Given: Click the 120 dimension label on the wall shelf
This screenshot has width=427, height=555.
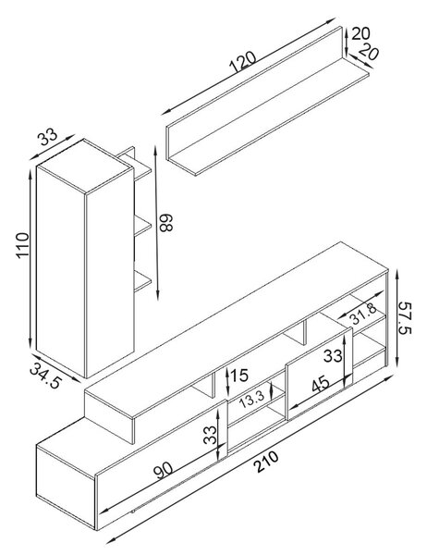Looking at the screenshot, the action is click(x=243, y=62).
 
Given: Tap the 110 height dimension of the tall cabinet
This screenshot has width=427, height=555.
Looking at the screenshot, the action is click(x=22, y=245).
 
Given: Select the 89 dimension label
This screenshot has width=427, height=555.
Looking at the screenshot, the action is click(x=165, y=223).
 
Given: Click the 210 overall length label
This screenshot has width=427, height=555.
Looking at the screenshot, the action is click(x=267, y=462).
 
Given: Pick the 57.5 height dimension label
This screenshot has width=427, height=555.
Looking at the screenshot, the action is click(x=405, y=318).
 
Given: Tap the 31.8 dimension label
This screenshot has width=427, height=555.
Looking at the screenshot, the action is click(x=363, y=314).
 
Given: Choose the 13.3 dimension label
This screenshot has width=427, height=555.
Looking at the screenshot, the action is click(x=252, y=400).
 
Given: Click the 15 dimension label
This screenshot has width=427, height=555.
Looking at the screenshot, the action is click(x=240, y=376).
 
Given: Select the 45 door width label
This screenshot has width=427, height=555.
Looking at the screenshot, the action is click(x=321, y=384).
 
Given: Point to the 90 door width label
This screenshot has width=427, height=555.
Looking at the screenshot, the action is click(x=163, y=470).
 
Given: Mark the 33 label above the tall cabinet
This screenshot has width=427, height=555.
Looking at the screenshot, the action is click(x=48, y=137).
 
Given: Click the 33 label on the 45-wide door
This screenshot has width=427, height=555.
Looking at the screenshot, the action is click(x=333, y=356).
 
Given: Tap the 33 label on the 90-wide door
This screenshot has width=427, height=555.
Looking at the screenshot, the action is click(x=210, y=435).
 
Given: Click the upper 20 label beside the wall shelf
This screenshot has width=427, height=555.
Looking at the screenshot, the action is click(x=360, y=33).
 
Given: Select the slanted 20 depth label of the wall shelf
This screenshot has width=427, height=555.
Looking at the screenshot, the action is click(x=369, y=52).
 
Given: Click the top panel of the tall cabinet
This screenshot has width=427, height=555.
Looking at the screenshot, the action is click(x=85, y=166).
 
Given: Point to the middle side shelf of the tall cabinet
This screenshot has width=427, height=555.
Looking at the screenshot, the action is click(x=142, y=226).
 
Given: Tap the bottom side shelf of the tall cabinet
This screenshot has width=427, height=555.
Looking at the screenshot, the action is click(x=142, y=281).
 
